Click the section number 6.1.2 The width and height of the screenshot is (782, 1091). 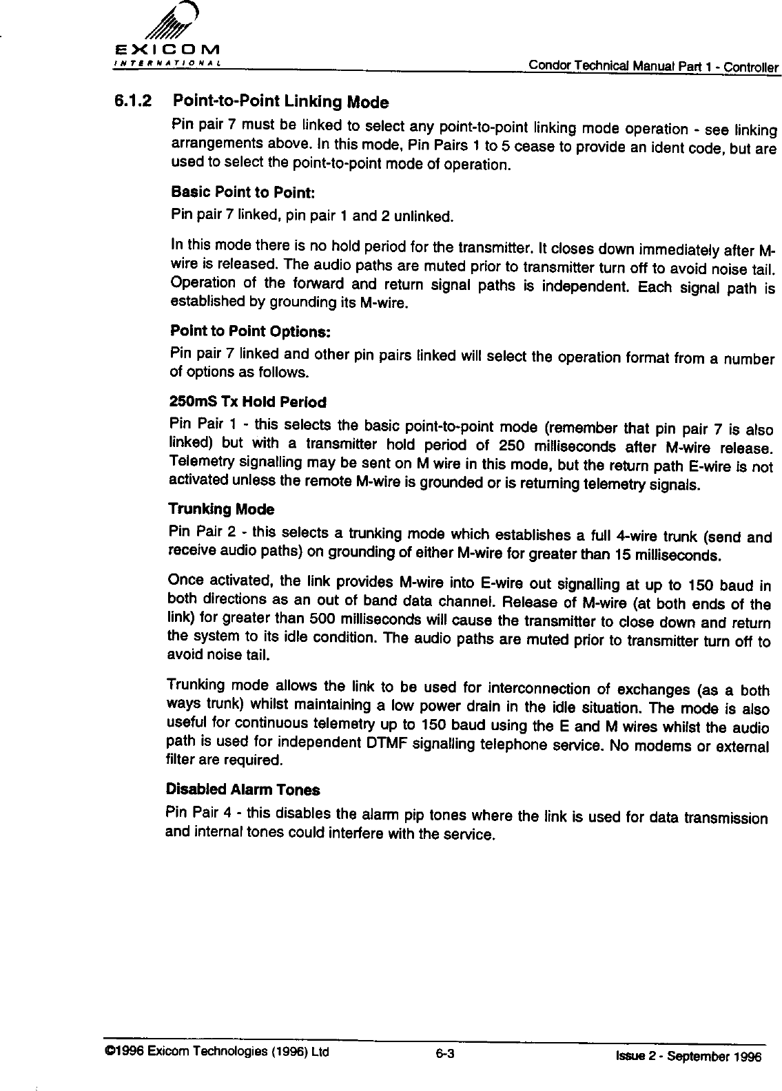132,101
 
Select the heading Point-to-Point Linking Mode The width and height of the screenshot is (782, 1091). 281,102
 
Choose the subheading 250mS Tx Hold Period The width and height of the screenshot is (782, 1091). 247,401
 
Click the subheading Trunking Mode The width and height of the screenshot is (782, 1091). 221,510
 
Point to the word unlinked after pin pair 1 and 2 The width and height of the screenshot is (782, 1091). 426,218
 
